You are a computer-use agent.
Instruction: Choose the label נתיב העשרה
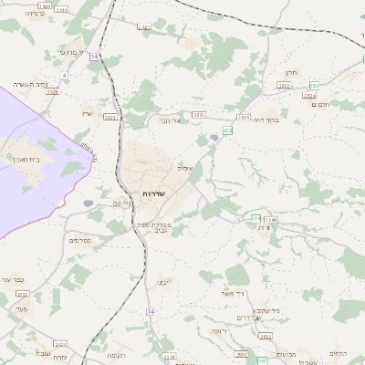coord(29,84)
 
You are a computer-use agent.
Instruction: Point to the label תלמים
coord(321,105)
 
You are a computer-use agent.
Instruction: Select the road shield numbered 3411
coord(167,357)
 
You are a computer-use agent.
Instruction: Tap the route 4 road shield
coord(64,75)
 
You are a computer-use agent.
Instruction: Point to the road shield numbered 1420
coord(45,5)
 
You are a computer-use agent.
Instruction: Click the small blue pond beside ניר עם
coord(88,203)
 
